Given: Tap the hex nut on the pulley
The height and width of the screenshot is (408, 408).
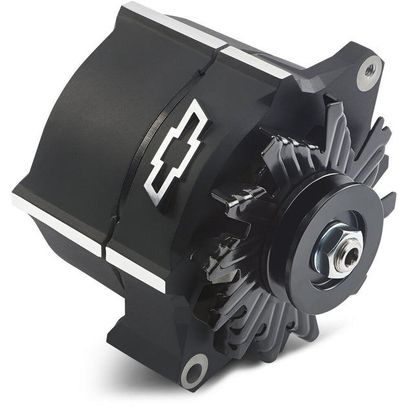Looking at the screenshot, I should pyautogui.click(x=339, y=247).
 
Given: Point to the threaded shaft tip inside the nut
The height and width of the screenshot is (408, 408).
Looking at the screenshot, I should pyautogui.click(x=343, y=249).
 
